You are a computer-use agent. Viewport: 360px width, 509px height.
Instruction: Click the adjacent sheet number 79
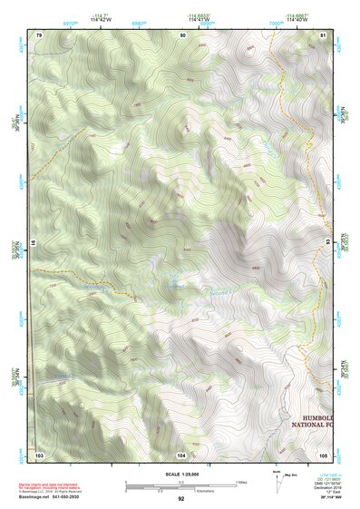[x=38, y=34]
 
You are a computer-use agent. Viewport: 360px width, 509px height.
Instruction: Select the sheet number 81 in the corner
[x=324, y=34]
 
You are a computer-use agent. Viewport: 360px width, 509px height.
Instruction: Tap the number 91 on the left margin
[x=34, y=243]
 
